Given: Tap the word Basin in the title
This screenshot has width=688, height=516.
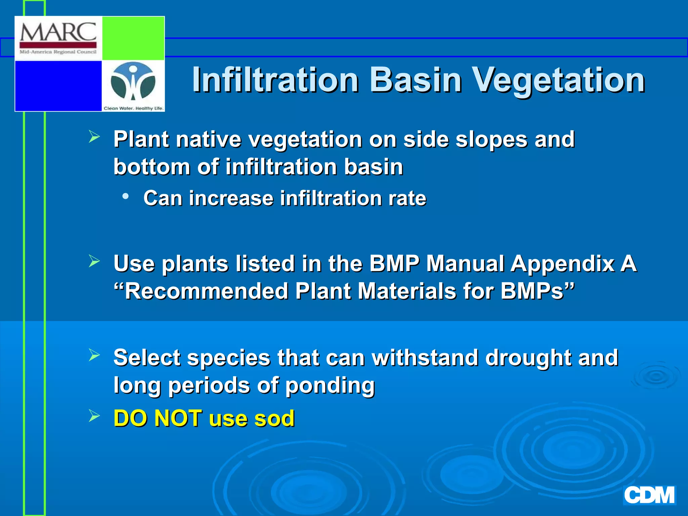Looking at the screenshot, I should point(416,80).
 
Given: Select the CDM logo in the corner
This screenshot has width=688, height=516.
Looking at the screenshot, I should point(649,495).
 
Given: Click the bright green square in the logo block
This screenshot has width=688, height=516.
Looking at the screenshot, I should point(133,38).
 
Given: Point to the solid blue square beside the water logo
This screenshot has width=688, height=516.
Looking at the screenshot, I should point(58,86).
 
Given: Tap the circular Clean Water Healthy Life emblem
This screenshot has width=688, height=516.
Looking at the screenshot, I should point(133,82).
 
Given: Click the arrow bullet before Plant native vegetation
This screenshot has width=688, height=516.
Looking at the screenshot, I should point(94,137).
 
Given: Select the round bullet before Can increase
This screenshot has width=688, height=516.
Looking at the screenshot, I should point(125,196).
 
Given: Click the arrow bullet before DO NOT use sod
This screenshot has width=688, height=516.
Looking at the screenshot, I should point(94,416).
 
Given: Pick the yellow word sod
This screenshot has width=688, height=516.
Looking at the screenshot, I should point(274,419).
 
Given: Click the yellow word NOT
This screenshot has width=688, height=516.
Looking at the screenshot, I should point(178,419).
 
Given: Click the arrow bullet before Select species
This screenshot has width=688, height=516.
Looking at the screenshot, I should point(94,355).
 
